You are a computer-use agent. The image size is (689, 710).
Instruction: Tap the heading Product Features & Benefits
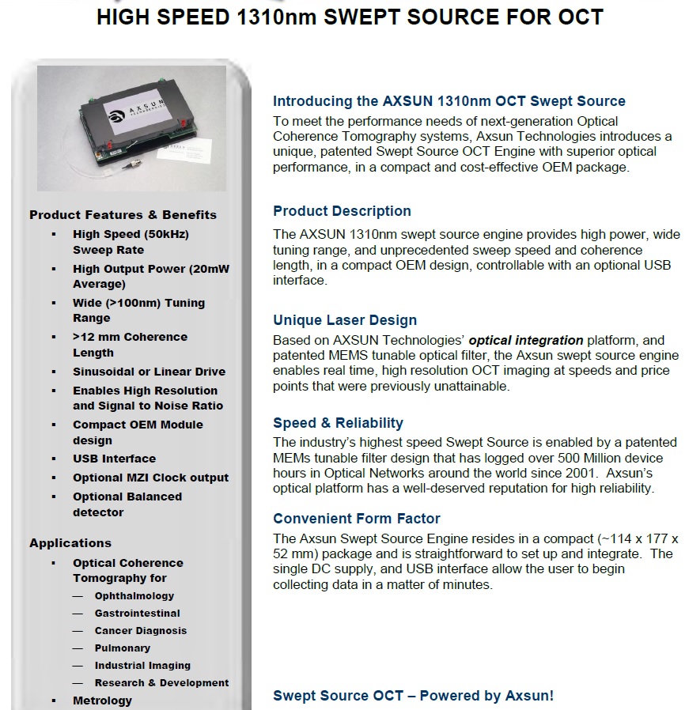[x=123, y=214]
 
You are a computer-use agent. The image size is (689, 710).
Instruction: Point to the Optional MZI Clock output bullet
[x=150, y=478]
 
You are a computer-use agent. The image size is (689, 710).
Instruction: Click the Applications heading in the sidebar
[x=70, y=542]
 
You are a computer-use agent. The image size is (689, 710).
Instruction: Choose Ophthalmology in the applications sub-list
[x=134, y=595]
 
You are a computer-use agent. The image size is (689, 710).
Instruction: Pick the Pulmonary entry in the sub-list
[x=123, y=648]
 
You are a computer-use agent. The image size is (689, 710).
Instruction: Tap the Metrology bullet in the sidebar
[x=102, y=701]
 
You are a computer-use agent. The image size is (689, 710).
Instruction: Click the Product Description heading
[x=342, y=211]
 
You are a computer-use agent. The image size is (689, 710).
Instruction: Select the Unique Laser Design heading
[x=345, y=320]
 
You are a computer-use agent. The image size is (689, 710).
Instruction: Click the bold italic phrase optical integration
[x=526, y=340]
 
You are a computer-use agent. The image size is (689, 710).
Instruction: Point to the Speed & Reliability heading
[x=338, y=422]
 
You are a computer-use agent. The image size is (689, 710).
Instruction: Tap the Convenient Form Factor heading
[x=357, y=519]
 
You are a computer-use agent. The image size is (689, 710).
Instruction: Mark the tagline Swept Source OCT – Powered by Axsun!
[x=413, y=696]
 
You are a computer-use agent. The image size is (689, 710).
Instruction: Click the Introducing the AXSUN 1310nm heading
[x=449, y=101]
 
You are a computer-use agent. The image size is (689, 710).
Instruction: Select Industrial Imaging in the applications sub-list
[x=142, y=665]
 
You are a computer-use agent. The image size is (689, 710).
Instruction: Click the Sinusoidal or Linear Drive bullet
[x=149, y=372]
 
